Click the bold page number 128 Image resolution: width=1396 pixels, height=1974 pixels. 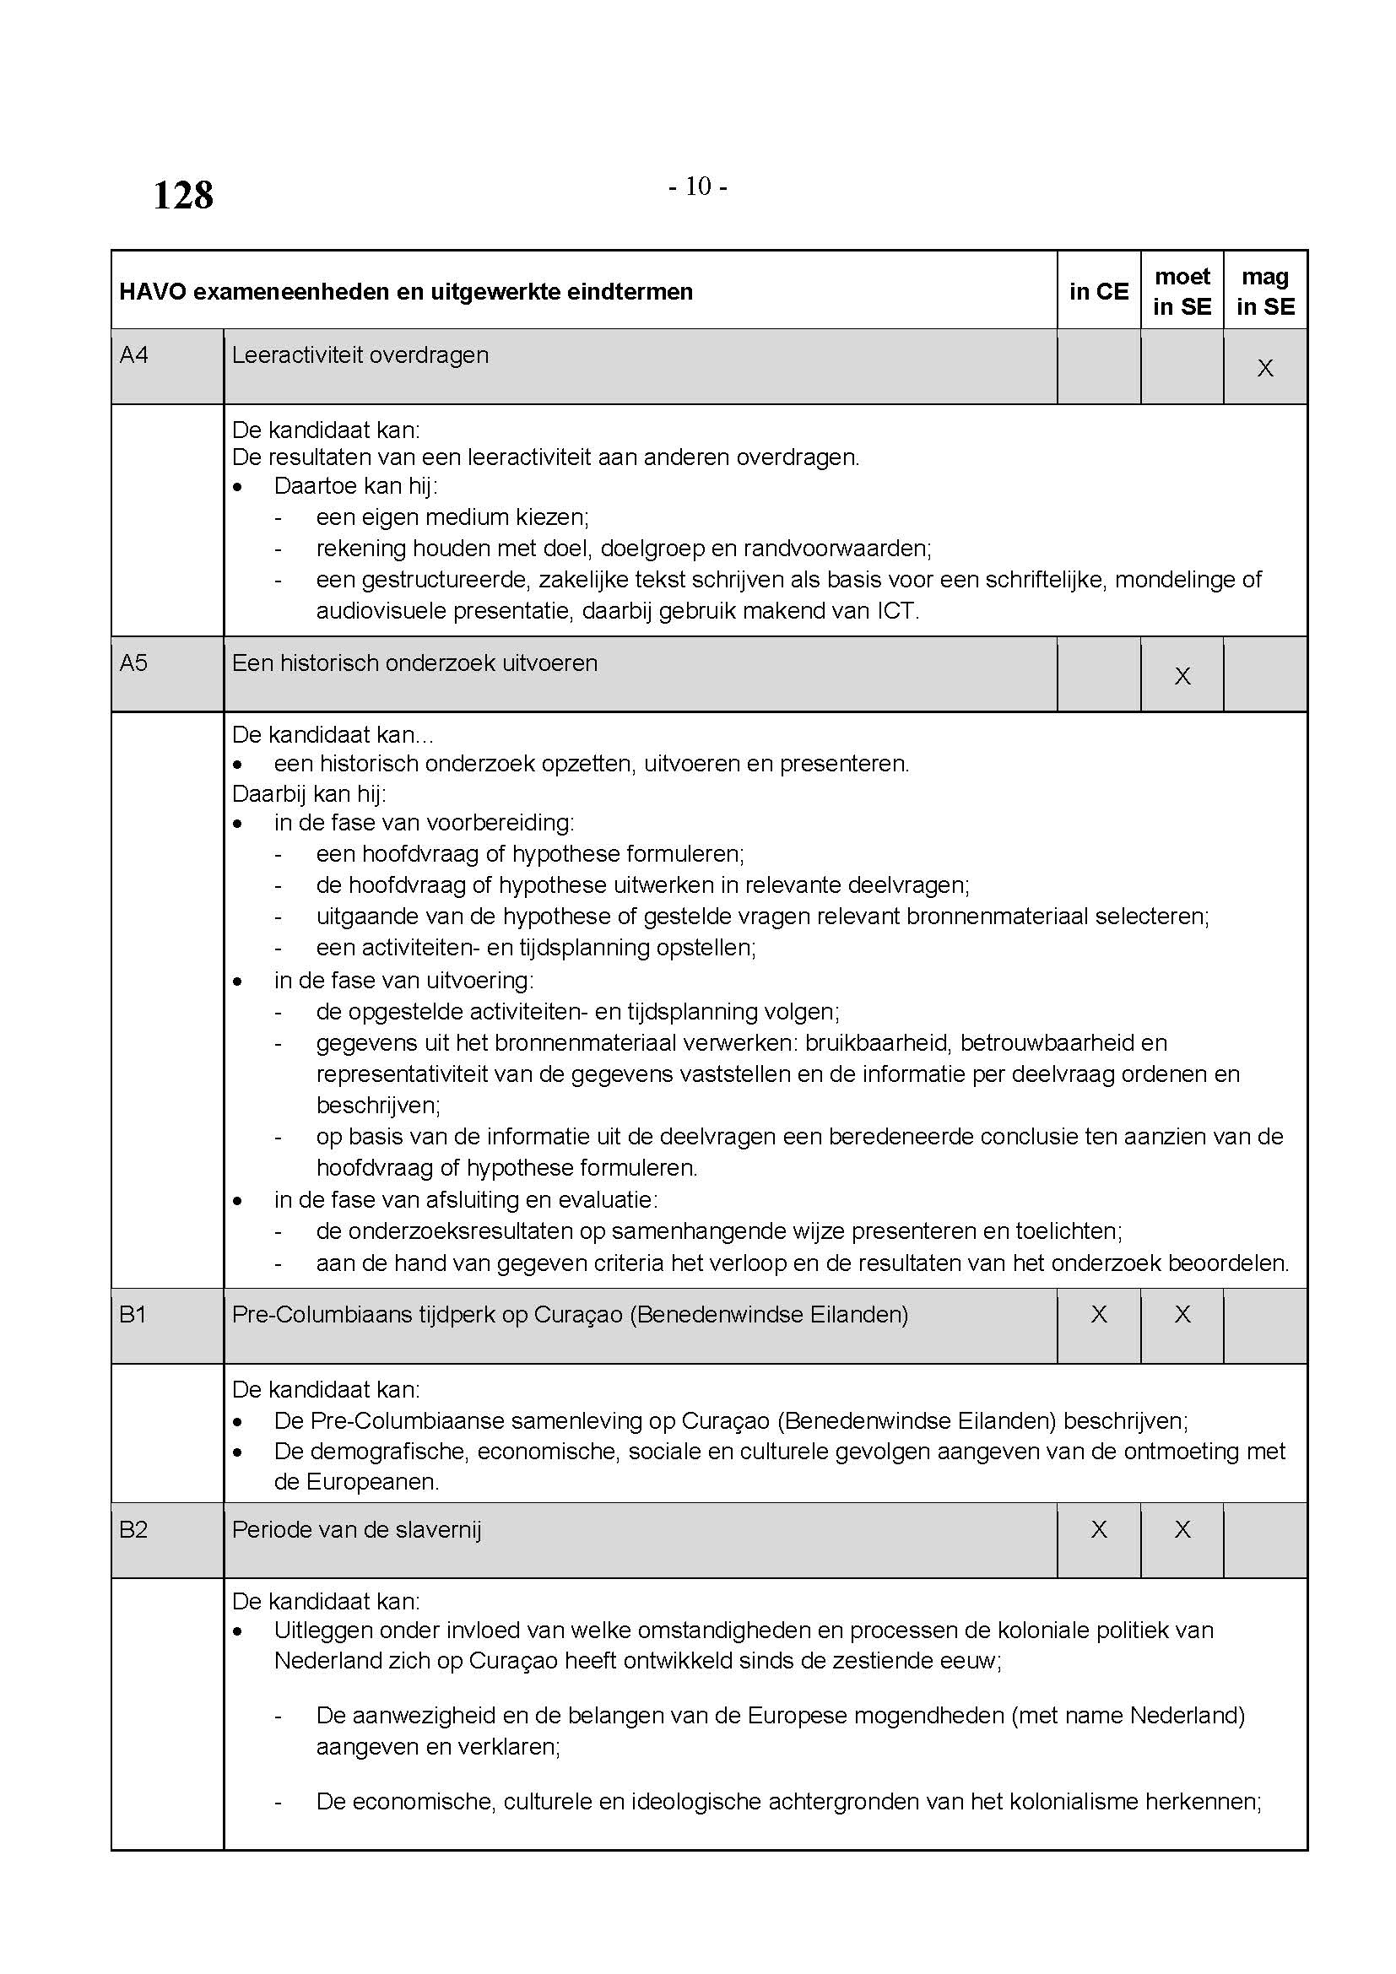pos(183,195)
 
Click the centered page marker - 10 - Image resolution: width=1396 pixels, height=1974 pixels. pos(698,186)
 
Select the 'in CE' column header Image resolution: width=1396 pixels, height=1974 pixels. pos(1099,291)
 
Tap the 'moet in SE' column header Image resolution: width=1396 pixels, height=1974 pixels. pos(1182,291)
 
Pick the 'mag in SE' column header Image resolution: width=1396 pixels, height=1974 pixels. pos(1265,291)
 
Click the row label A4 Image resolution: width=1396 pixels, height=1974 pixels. pos(134,355)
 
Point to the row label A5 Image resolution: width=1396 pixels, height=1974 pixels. pos(134,663)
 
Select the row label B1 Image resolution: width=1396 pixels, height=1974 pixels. pos(133,1315)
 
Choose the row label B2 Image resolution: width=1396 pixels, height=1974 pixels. pos(133,1529)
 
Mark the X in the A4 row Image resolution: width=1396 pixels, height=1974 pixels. pos(1265,369)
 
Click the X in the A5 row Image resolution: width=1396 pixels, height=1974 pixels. pos(1182,677)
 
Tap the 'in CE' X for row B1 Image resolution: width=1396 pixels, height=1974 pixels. pos(1099,1315)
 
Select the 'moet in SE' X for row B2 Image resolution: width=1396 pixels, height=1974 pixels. pos(1182,1529)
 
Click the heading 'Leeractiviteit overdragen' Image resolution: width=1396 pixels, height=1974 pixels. pos(360,355)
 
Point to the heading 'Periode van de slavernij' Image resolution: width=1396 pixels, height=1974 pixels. pos(357,1529)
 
